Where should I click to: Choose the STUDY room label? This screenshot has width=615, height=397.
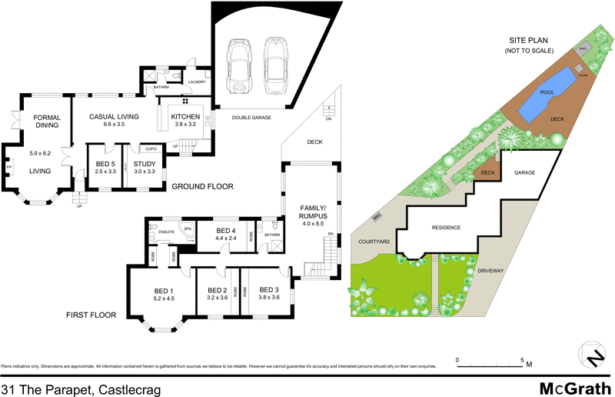[145, 163]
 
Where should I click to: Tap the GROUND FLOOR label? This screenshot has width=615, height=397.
[202, 187]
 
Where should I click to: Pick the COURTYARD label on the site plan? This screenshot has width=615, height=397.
[375, 242]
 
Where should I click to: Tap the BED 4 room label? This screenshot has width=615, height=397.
[225, 231]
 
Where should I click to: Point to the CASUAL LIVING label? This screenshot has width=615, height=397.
[113, 116]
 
